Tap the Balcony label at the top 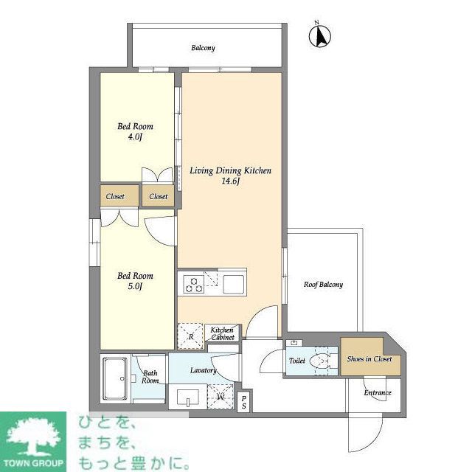[x=203, y=48]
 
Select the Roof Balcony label [x=323, y=285]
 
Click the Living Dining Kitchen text [x=230, y=170]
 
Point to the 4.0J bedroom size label [x=135, y=136]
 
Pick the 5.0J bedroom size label [x=135, y=286]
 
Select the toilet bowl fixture [x=322, y=361]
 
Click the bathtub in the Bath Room [x=115, y=378]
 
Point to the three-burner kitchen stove [x=194, y=284]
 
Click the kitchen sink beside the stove [x=235, y=284]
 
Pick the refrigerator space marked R [x=191, y=336]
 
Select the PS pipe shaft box [x=244, y=402]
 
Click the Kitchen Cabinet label [x=222, y=333]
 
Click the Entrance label [x=377, y=392]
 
